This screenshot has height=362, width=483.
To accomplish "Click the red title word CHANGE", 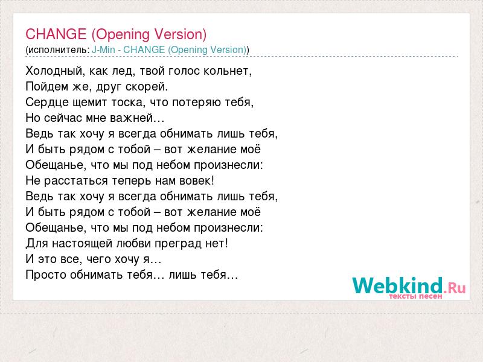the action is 56,34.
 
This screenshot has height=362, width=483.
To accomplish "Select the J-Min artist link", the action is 103,49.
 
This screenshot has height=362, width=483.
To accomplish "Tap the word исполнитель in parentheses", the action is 59,50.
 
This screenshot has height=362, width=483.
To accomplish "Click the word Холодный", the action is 54,71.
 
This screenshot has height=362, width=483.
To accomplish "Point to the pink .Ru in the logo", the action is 455,288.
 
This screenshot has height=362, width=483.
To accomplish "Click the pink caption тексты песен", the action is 415,296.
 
